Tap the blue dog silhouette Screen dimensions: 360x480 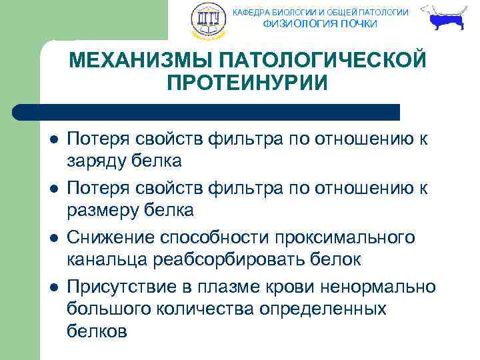coord(445,20)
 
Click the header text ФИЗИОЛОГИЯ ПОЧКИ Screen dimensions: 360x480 coord(320,24)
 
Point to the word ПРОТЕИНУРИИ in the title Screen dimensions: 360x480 coord(247,84)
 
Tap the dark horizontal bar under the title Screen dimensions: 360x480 coord(207,111)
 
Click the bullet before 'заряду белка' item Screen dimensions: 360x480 coord(53,141)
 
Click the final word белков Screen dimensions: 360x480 coord(97,331)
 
